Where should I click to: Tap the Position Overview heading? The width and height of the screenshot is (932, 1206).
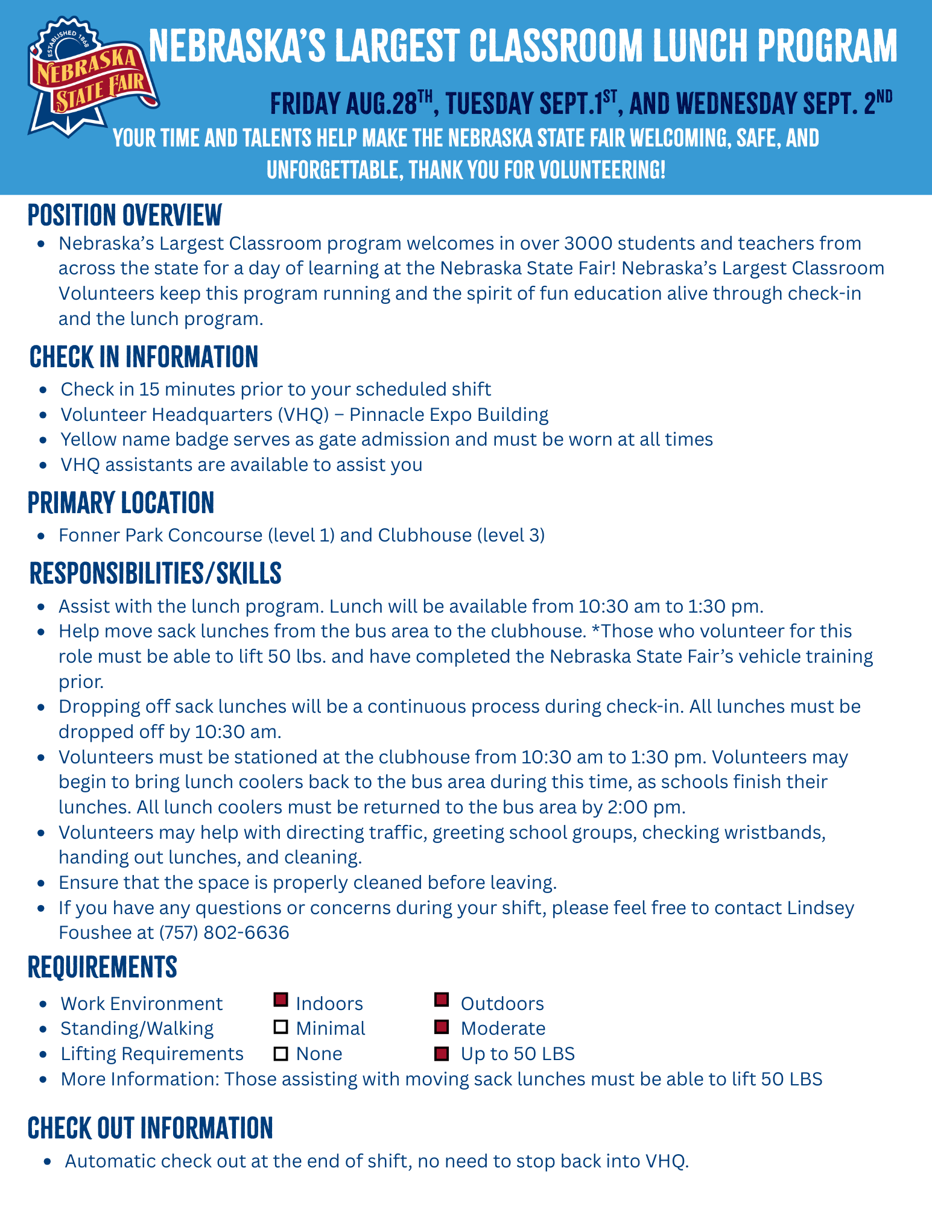125,215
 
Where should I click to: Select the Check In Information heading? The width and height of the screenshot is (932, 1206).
144,357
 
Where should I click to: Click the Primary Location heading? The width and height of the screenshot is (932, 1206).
121,503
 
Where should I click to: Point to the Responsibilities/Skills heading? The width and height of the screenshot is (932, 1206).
155,573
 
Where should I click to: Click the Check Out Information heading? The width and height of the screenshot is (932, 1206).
150,1128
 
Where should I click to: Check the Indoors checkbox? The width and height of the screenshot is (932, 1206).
281,1000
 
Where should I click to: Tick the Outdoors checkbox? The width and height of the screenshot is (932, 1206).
442,1000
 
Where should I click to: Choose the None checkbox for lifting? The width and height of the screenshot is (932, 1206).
281,1053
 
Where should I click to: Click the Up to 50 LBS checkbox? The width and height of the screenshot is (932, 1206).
442,1053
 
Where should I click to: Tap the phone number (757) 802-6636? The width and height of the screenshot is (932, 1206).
224,933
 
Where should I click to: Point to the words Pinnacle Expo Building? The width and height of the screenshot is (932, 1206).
449,415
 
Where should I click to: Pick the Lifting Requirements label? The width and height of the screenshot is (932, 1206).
152,1053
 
